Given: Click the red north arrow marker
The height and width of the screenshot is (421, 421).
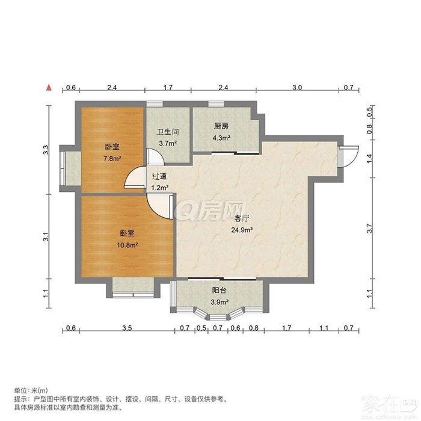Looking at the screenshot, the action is pos(49,88).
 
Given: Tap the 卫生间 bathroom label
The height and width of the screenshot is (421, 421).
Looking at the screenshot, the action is pos(168,132).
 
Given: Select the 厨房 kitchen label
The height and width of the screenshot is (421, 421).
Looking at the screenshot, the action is pos(221,126).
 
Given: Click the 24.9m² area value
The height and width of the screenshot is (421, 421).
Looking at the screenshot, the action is pos(242,230).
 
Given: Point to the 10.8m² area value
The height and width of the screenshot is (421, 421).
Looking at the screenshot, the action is pos(128,245).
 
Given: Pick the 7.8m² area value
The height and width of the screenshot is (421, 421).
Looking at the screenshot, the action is pos(112,158).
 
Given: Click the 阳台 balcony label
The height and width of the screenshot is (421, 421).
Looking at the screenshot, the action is pos(219,290).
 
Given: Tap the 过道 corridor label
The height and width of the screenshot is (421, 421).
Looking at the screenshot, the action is pos(159,176).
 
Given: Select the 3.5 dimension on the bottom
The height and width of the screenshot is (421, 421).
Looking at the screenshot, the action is pos(127,328).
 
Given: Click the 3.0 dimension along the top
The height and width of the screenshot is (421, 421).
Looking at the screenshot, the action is pos(297,88).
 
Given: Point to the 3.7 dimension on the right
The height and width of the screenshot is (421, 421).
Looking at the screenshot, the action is pos(369,228).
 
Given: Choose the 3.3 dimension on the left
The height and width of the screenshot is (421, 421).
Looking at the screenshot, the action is pos(46,150).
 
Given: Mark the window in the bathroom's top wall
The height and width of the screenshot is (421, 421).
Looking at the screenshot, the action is pos(155,104).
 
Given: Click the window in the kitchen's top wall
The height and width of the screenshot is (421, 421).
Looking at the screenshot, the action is pos(217,104).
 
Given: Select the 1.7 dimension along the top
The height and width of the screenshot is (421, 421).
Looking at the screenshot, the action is pos(168,88).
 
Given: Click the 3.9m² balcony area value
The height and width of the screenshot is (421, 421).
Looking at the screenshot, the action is pos(220,302).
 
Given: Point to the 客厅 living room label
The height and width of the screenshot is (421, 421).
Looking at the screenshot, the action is pos(242,218).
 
